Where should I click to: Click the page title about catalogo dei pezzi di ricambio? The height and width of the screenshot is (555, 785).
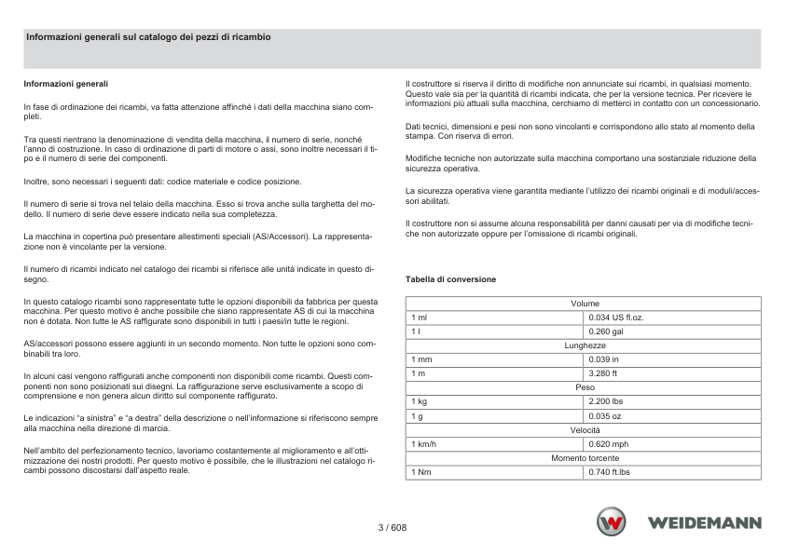point(148,36)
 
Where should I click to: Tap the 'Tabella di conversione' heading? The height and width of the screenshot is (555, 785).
point(450,279)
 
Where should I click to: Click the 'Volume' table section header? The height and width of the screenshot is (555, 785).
point(584,304)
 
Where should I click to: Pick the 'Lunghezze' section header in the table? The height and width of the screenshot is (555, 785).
point(584,345)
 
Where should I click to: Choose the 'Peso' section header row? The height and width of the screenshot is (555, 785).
point(584,387)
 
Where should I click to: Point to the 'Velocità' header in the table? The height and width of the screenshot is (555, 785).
point(584,429)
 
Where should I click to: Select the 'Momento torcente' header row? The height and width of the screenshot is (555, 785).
point(584,458)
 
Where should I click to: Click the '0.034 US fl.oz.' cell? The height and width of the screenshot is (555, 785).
point(616,318)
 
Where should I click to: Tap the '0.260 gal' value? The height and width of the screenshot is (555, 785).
point(606,332)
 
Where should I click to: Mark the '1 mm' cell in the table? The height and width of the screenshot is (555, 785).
point(421,359)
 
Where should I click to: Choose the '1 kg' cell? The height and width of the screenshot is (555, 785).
point(419,401)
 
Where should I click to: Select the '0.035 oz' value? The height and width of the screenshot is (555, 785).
point(605,415)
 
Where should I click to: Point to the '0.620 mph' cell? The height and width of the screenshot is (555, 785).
point(609,444)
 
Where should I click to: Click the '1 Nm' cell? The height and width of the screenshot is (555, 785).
point(421,472)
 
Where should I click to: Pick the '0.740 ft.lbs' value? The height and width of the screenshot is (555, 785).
point(610,472)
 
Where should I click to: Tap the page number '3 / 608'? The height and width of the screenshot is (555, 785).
point(392,527)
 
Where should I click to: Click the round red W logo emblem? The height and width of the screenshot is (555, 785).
point(613,522)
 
